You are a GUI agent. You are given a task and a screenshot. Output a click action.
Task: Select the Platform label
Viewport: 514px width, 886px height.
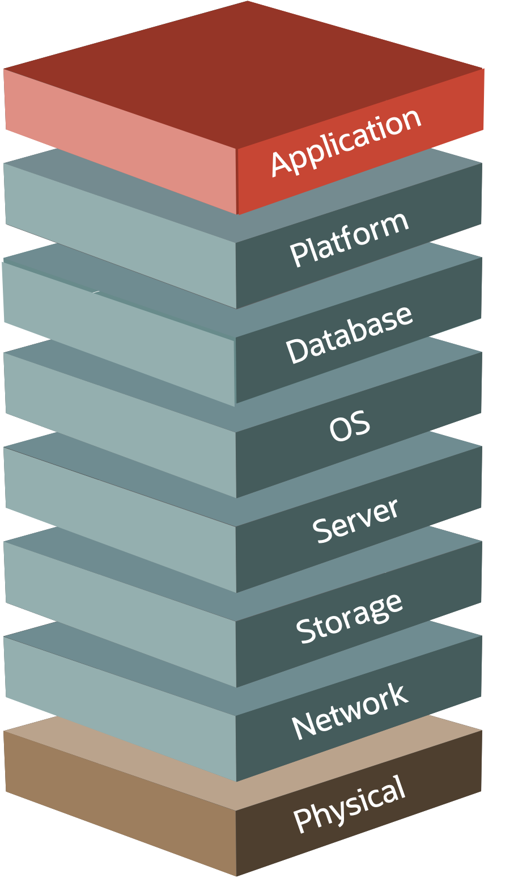349,239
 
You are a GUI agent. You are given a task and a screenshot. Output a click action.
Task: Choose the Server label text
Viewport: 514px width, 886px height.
355,521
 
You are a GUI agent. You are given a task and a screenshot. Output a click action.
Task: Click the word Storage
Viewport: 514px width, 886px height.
349,618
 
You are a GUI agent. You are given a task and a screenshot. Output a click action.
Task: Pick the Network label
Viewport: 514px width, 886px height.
349,712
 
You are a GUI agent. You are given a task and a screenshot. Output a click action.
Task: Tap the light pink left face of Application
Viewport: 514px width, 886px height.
119,142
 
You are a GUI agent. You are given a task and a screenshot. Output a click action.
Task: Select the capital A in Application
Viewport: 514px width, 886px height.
282,162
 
